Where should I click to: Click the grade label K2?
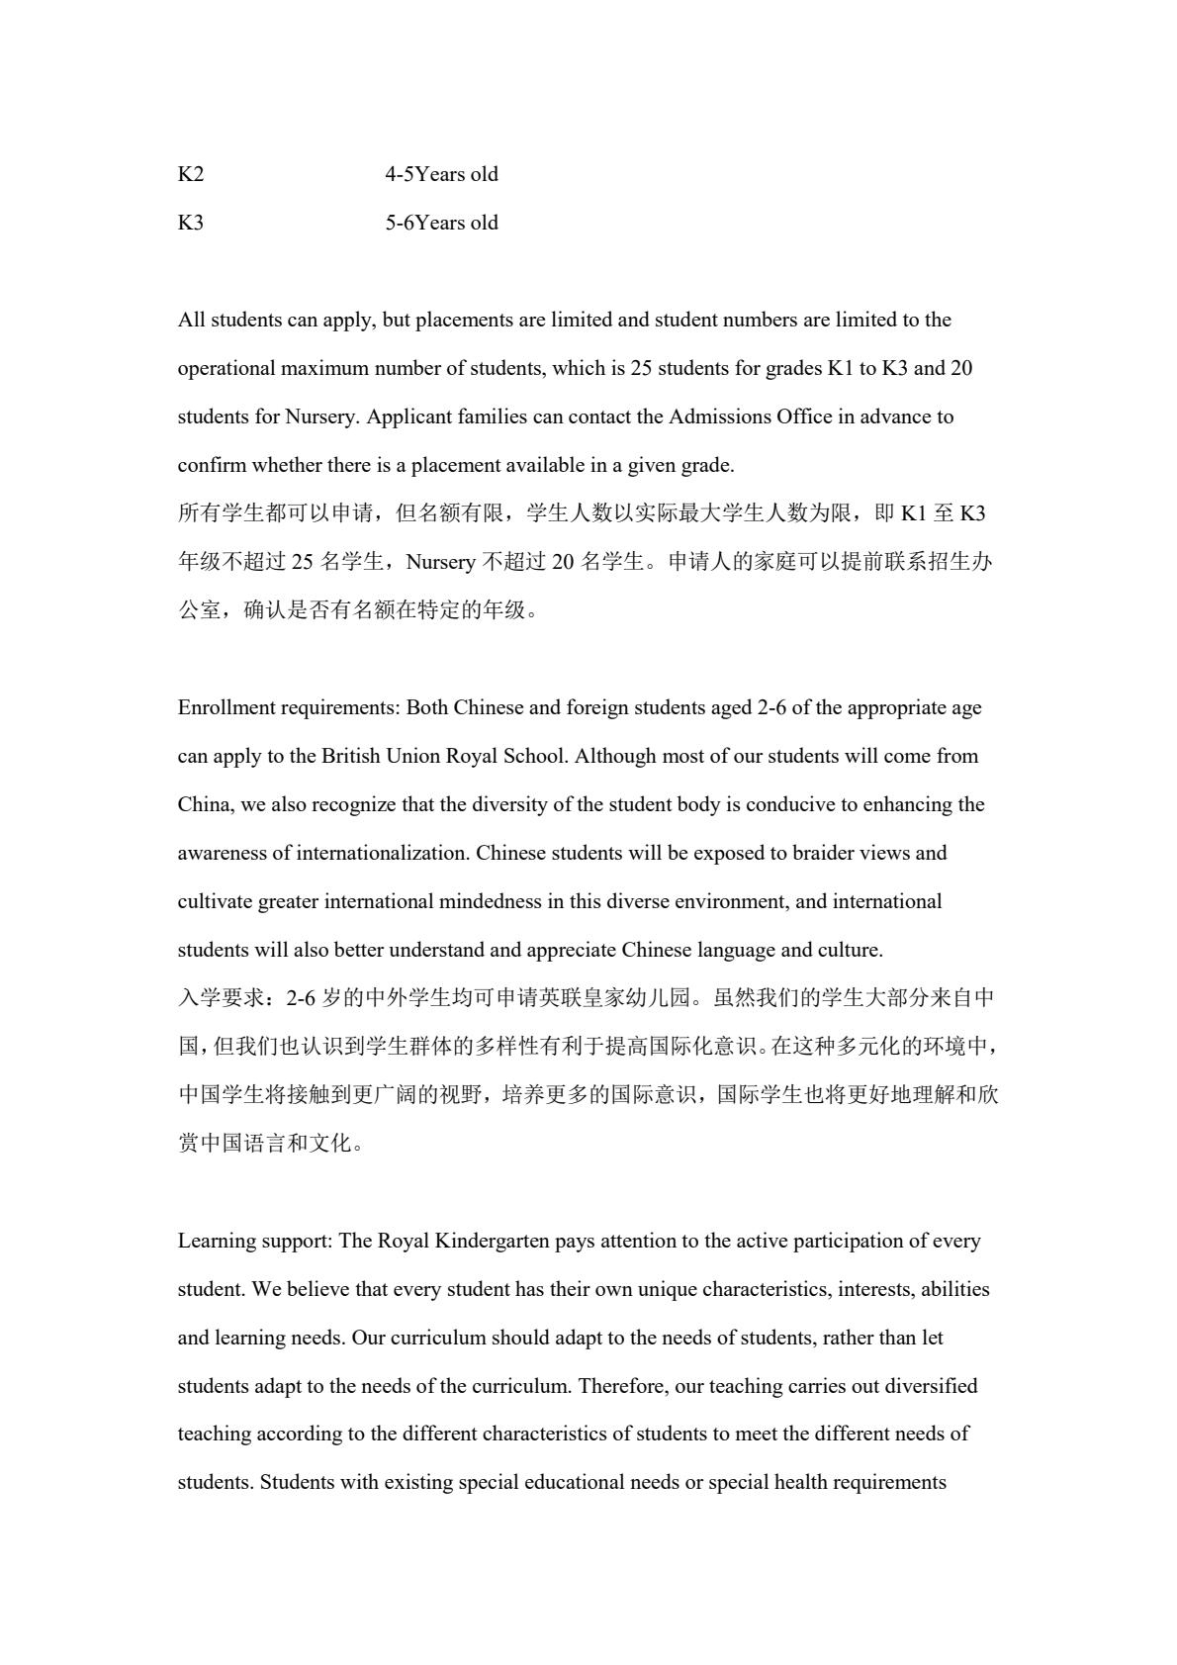(x=191, y=174)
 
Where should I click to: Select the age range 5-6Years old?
(x=441, y=223)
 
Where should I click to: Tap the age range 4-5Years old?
(x=441, y=174)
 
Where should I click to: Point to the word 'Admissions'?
(x=720, y=416)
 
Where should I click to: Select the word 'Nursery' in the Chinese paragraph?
(x=440, y=562)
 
